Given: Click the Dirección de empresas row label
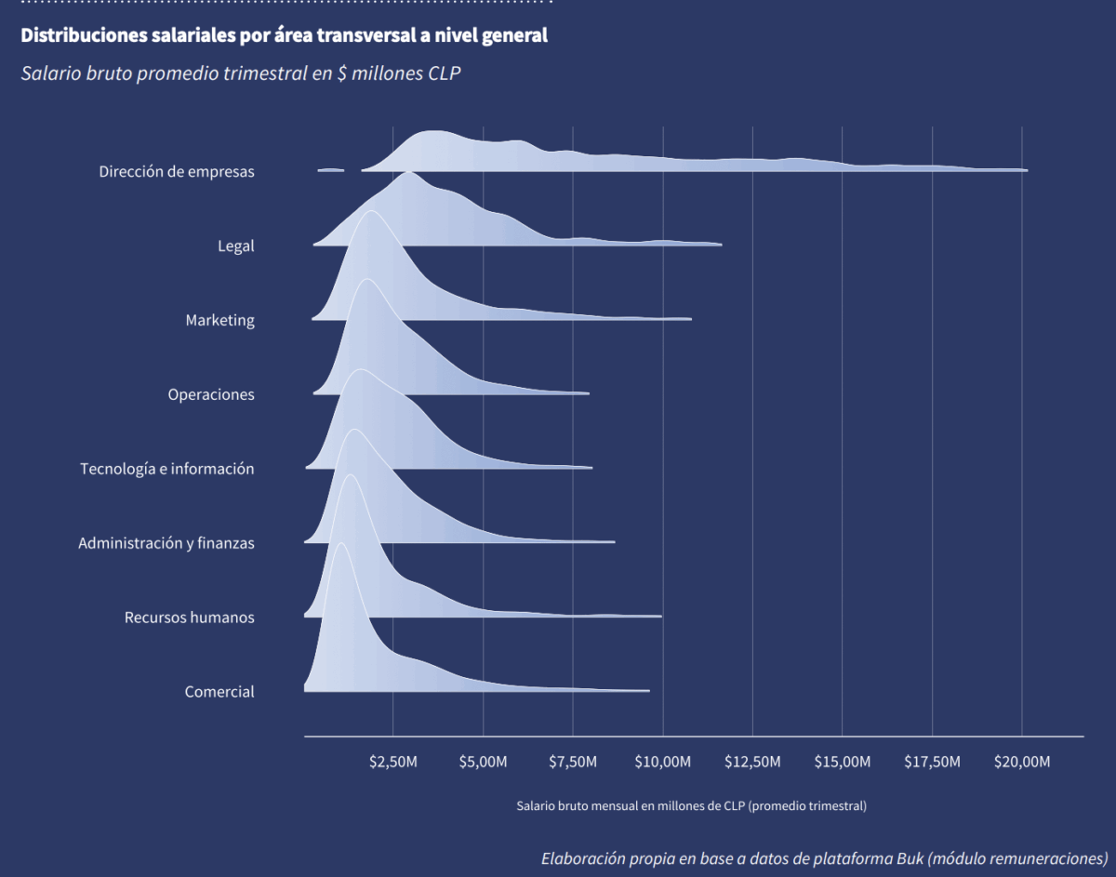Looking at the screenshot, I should click(x=177, y=171).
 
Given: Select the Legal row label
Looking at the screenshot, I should click(x=235, y=246).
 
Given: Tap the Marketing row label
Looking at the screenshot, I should click(x=219, y=320).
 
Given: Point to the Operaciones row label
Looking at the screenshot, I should click(x=211, y=394).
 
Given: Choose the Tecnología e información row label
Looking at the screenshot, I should click(x=167, y=469).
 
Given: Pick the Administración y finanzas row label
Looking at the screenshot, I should click(x=166, y=543).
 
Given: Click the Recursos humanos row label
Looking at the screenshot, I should click(x=190, y=618).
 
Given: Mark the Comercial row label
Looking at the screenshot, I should click(x=219, y=692).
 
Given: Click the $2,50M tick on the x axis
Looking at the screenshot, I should click(x=393, y=763).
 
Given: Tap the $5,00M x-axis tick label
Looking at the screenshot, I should click(x=484, y=763).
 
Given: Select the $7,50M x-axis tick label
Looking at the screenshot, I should click(x=573, y=763).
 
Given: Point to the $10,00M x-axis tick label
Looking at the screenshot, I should click(x=663, y=763).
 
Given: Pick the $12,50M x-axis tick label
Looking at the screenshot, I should click(x=752, y=763).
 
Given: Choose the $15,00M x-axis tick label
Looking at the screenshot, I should click(x=843, y=763).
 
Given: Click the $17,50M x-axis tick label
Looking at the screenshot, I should click(x=932, y=763).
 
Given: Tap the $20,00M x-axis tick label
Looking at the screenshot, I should click(x=1022, y=763).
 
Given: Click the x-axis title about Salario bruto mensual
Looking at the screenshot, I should click(x=692, y=806).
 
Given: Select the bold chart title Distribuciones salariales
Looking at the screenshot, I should click(x=285, y=36).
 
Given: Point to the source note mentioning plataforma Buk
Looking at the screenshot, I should click(x=824, y=857).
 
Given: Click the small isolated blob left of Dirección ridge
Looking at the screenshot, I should click(x=331, y=170).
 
